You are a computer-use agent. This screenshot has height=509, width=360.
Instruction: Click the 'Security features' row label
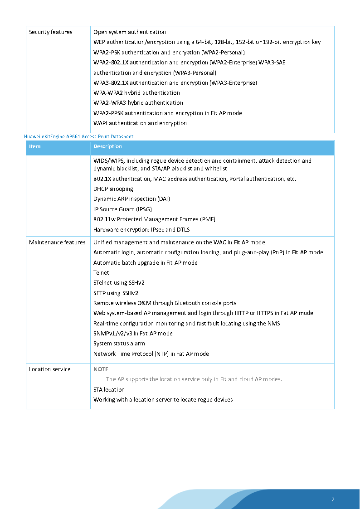pos(50,32)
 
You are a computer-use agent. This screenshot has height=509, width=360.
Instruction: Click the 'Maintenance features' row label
pos(57,242)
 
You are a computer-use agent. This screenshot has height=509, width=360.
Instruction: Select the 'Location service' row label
pos(50,369)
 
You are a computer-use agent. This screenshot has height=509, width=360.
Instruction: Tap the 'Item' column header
pos(35,146)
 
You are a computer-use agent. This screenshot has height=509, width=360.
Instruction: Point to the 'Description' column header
pos(107,146)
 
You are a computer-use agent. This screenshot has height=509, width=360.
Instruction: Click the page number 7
pos(333,499)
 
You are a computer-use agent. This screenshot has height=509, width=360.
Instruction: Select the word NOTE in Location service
pos(101,369)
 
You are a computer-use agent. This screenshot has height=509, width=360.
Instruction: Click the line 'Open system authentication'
pos(130,32)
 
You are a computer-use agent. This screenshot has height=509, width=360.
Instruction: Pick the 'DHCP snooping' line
pos(113,189)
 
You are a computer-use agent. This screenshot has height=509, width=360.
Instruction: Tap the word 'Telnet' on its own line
pos(101,273)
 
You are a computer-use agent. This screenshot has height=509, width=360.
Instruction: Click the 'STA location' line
pos(109,390)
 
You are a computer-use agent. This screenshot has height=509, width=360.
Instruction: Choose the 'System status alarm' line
pos(119,344)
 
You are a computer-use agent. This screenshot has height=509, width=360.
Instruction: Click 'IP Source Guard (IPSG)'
pos(122,209)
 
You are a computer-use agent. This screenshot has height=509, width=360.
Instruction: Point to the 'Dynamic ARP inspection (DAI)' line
pos(131,199)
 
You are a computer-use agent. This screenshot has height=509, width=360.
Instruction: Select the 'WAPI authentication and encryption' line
pos(140,123)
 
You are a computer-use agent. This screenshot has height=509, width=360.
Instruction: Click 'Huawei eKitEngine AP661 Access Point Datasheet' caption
pos(78,136)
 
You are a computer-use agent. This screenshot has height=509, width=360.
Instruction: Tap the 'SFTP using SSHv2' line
pos(116,293)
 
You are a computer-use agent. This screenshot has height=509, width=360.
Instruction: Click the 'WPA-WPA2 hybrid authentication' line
pos(136,93)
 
